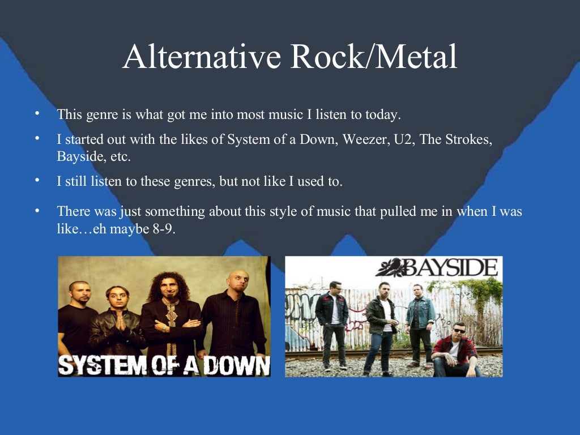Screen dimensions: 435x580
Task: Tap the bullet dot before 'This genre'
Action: click(37, 113)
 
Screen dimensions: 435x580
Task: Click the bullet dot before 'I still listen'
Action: click(37, 180)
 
